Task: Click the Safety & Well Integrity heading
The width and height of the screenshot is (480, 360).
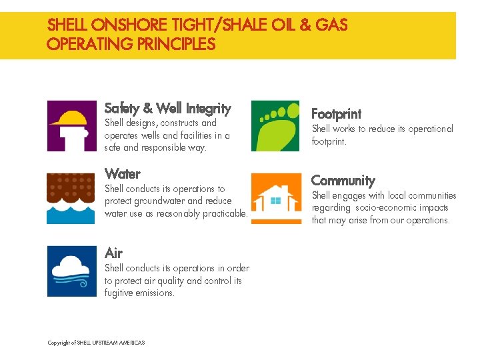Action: [x=167, y=108]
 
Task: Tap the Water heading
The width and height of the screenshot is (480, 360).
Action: [x=123, y=174]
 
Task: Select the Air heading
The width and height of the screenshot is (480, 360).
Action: [x=113, y=253]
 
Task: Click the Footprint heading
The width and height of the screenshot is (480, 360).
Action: [x=336, y=114]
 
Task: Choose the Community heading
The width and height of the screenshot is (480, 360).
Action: [x=343, y=181]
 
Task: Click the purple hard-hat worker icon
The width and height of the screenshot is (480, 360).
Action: [x=71, y=125]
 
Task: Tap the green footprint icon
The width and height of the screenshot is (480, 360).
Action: [x=275, y=125]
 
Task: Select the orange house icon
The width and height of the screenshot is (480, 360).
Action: [x=275, y=198]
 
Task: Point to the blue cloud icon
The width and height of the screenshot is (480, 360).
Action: [x=71, y=271]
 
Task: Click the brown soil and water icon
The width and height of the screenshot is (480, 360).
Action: [x=71, y=198]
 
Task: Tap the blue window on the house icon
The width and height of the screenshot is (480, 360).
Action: [x=274, y=199]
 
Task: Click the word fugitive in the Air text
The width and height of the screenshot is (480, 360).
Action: [x=118, y=293]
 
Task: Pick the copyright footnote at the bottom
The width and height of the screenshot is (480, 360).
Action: [x=96, y=343]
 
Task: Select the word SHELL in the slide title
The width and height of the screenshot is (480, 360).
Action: [x=67, y=26]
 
